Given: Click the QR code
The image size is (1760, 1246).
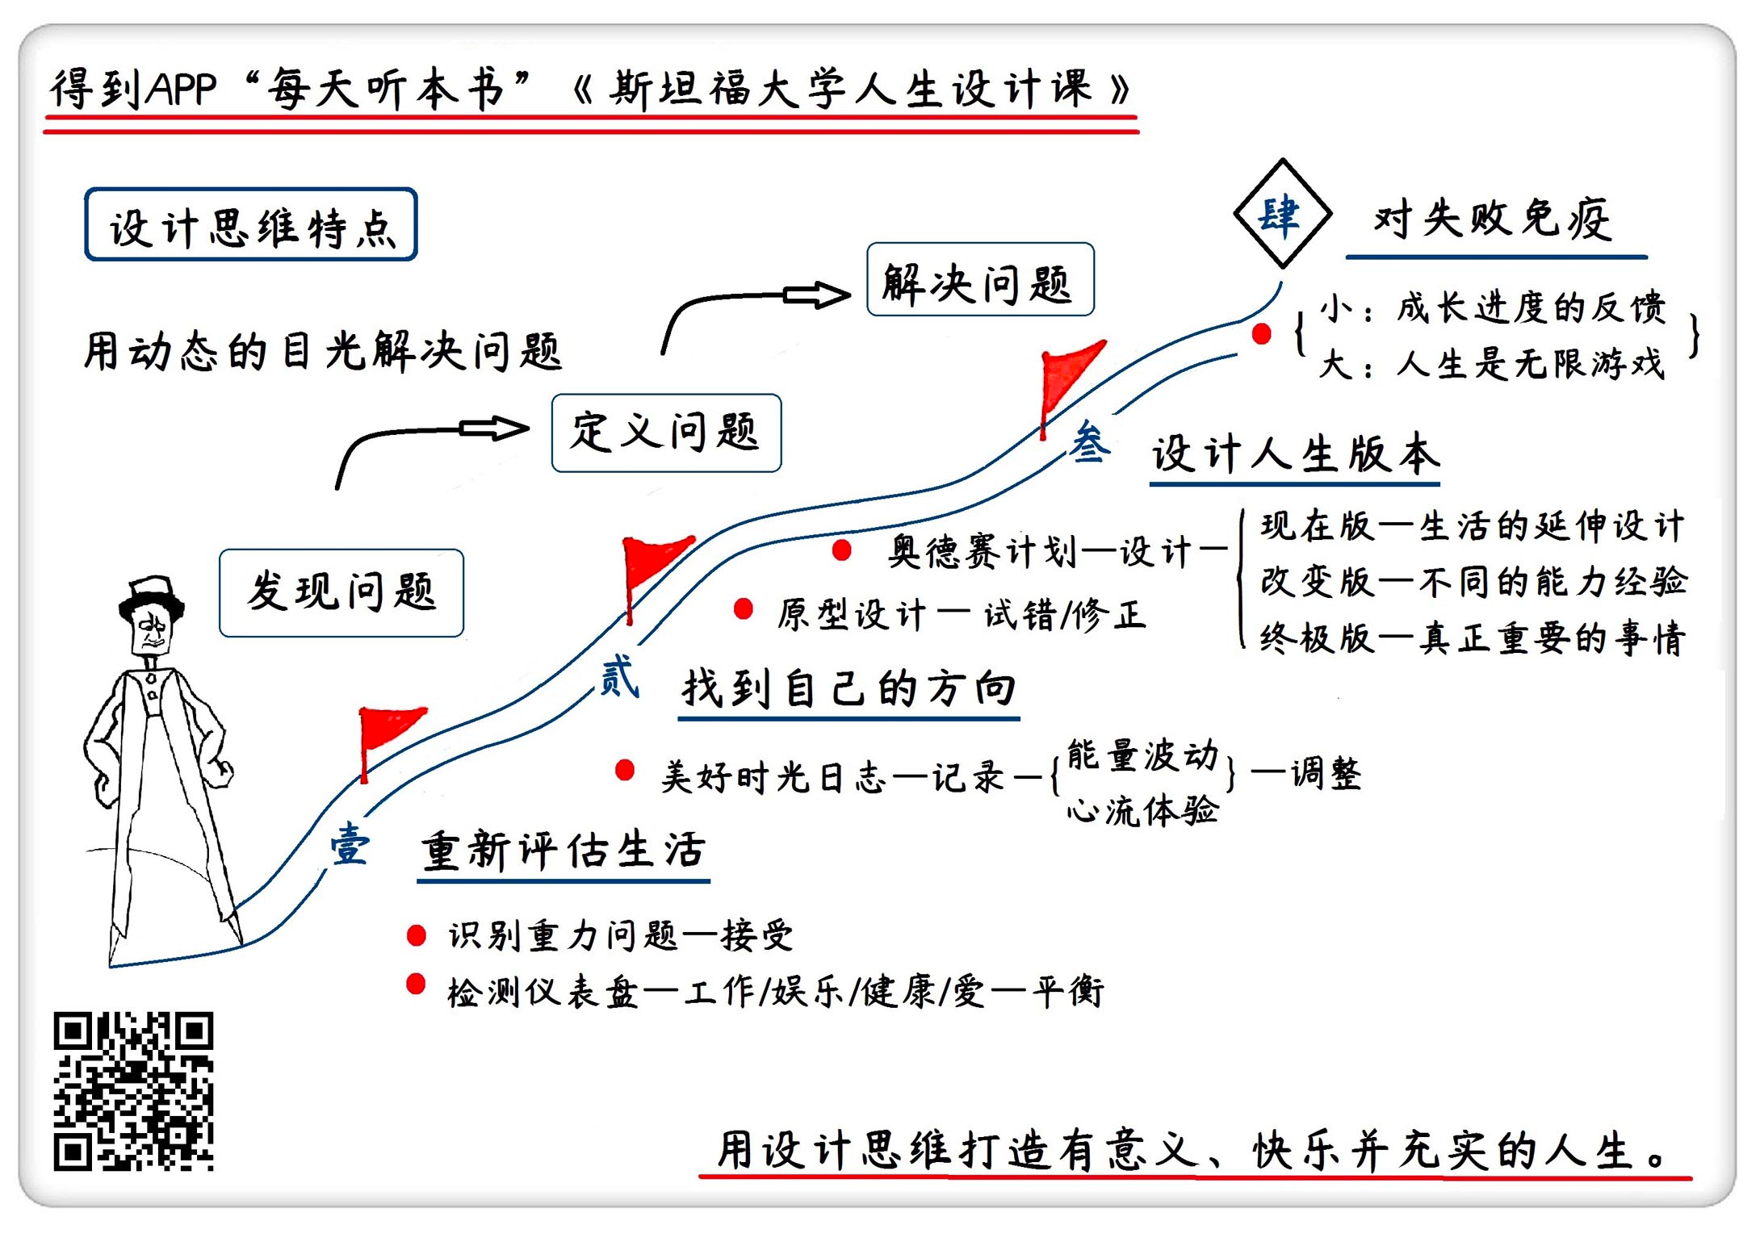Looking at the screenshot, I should [x=133, y=1090].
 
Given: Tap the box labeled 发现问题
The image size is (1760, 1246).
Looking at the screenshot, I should [x=342, y=593].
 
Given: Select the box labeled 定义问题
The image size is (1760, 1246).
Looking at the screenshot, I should [x=666, y=433].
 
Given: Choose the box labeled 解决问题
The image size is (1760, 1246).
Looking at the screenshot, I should [x=980, y=279].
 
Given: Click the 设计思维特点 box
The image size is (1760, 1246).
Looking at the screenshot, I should [x=251, y=225].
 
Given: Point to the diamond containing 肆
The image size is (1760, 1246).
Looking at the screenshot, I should [x=1282, y=214].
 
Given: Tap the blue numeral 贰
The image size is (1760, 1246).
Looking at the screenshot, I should [x=619, y=676].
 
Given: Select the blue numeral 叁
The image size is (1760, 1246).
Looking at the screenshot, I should [x=1090, y=442].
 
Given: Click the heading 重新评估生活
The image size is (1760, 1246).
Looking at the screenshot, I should [x=564, y=851].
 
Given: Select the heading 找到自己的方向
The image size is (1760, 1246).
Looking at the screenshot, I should [x=849, y=689].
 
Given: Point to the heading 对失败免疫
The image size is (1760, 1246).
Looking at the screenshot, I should [x=1492, y=220].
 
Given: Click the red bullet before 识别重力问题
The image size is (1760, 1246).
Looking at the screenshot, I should [x=417, y=935].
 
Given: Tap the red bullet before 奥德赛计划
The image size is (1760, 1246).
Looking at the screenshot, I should [x=842, y=550].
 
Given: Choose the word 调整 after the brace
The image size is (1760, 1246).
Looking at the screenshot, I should [x=1326, y=774].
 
